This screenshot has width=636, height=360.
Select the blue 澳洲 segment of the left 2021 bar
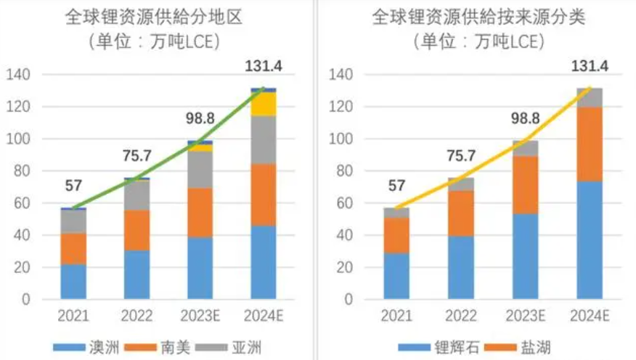pyautogui.click(x=73, y=282)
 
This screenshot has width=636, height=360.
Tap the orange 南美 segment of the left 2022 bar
pyautogui.click(x=136, y=230)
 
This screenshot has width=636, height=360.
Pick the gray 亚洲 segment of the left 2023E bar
pyautogui.click(x=200, y=170)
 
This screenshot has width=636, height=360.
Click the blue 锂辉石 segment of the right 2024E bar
pyautogui.click(x=590, y=240)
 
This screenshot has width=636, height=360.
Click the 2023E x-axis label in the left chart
pyautogui.click(x=200, y=316)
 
